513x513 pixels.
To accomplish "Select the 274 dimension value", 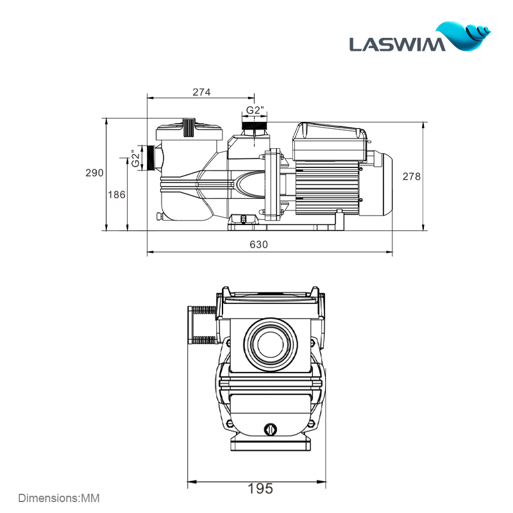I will [201, 92].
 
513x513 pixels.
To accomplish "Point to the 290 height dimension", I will [94, 173].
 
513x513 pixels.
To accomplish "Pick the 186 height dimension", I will [117, 195].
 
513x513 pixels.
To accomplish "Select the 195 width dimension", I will [260, 489].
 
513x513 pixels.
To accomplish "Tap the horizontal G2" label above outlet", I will [255, 110].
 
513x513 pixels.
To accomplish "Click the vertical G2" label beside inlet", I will [135, 158].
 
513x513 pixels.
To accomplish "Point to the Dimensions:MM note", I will [59, 498].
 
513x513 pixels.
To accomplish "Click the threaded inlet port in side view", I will [152, 158].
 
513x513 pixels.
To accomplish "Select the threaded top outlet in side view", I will [255, 124].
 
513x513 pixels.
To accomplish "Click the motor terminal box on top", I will [330, 138].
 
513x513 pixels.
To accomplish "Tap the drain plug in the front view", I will [269, 428].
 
